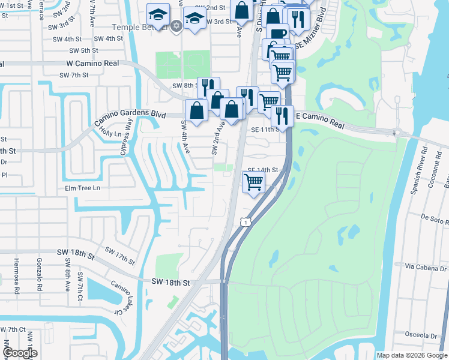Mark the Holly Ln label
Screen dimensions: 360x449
pos(106,129)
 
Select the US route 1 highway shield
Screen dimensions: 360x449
pos(244,223)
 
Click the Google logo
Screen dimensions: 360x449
pos(20,353)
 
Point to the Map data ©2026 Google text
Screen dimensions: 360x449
pos(412,355)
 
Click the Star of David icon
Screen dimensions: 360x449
pos(176,26)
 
